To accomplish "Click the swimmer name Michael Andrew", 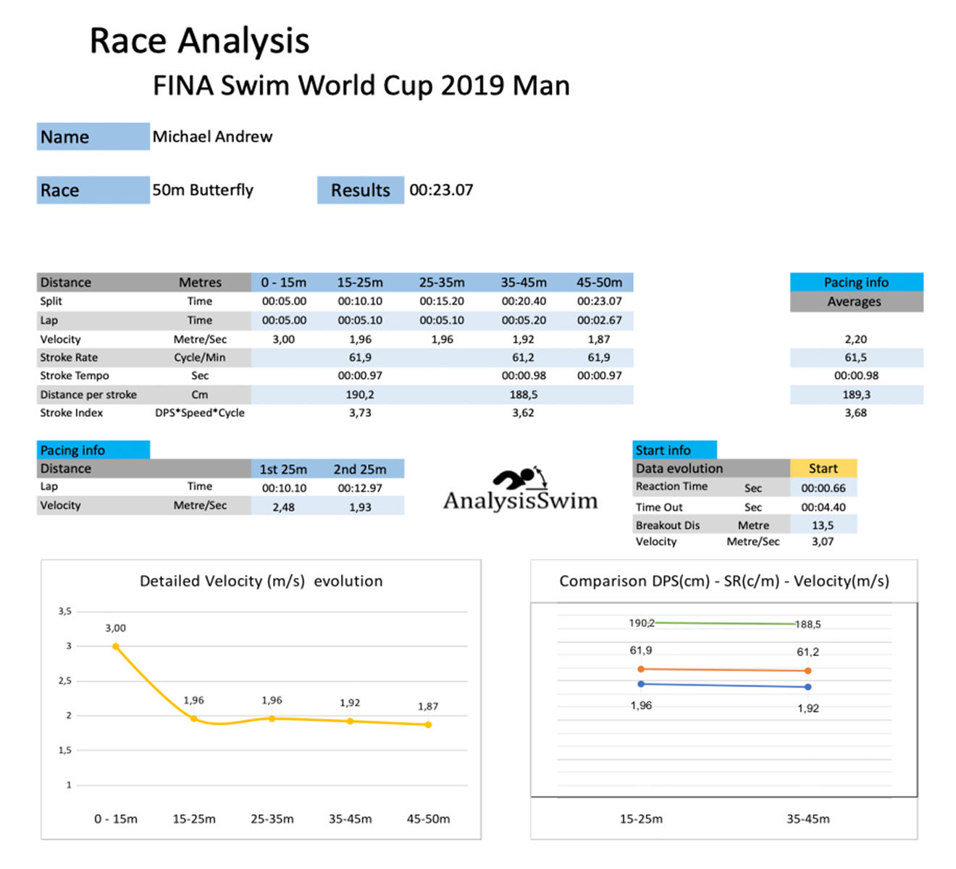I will (x=212, y=137).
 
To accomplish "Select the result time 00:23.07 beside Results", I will (x=441, y=190).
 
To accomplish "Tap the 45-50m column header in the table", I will (x=599, y=282).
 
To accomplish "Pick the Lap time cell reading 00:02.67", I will (x=599, y=320).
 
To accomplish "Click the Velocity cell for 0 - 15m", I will (x=283, y=339).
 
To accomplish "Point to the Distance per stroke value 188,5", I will (x=523, y=395).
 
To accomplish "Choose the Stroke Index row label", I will (x=72, y=413).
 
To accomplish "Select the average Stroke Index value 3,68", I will (x=855, y=413).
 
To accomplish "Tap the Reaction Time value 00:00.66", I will (x=823, y=488).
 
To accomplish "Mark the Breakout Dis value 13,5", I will (x=822, y=526).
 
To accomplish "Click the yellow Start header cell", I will (x=823, y=469).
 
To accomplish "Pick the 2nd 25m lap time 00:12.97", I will (x=360, y=488).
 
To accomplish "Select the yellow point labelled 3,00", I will (x=116, y=646).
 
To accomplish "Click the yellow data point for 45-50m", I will (x=428, y=724).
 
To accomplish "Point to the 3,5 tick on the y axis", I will (x=65, y=611).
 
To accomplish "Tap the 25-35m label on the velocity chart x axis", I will (x=272, y=819).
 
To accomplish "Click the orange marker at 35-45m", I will (x=808, y=671).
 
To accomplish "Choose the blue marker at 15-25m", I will (x=641, y=684).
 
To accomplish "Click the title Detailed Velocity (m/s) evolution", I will (x=261, y=581).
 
